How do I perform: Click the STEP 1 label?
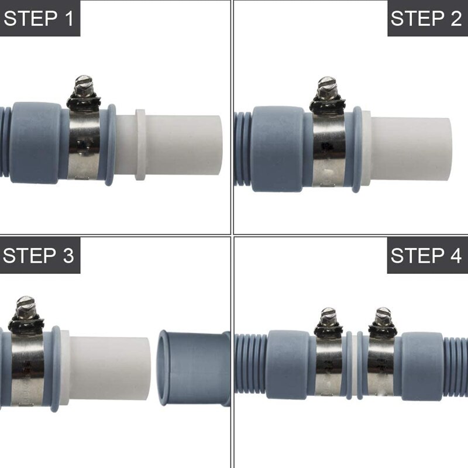click(x=39, y=18)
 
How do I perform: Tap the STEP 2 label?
click(x=426, y=18)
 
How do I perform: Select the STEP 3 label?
click(x=39, y=256)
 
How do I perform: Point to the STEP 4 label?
click(x=426, y=256)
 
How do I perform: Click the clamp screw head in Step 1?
click(x=83, y=85)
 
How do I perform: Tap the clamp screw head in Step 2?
click(x=327, y=87)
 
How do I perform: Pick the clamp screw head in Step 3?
click(x=26, y=306)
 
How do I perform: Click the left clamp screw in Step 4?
click(x=328, y=317)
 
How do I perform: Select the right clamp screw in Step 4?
click(x=383, y=317)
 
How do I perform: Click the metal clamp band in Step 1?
click(x=84, y=144)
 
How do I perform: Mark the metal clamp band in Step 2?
click(x=329, y=149)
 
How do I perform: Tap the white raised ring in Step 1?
click(x=140, y=144)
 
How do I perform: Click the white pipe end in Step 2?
click(x=411, y=149)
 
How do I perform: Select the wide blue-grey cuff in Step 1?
click(x=35, y=143)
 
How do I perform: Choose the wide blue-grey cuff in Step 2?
click(x=277, y=149)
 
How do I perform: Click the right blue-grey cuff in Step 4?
click(x=422, y=366)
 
